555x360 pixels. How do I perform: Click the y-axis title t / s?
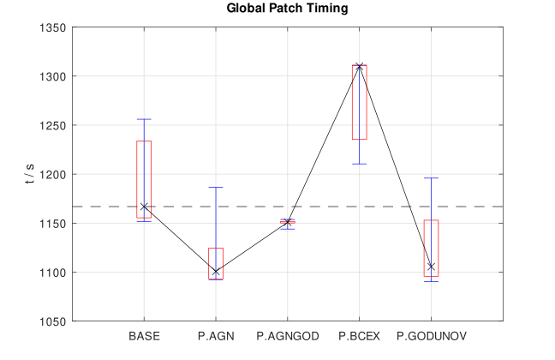(30, 174)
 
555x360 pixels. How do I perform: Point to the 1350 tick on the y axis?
(54, 27)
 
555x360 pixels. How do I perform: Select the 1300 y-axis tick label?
(54, 76)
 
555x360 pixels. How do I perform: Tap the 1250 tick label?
(54, 125)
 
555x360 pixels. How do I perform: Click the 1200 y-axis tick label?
(54, 174)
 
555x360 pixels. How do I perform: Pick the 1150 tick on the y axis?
(54, 224)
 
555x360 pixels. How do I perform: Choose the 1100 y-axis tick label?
(54, 273)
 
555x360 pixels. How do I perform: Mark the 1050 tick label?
(54, 321)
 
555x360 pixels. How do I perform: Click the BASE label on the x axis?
(144, 335)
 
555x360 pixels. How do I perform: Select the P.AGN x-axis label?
(216, 335)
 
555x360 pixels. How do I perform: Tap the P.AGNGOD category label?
(288, 335)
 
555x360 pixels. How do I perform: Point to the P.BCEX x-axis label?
(360, 335)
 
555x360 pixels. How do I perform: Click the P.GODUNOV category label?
(431, 335)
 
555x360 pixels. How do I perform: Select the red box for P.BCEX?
(360, 103)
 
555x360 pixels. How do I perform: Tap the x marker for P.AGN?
(216, 272)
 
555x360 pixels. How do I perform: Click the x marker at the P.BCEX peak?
(360, 66)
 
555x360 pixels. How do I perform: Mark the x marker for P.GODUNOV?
(431, 267)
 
